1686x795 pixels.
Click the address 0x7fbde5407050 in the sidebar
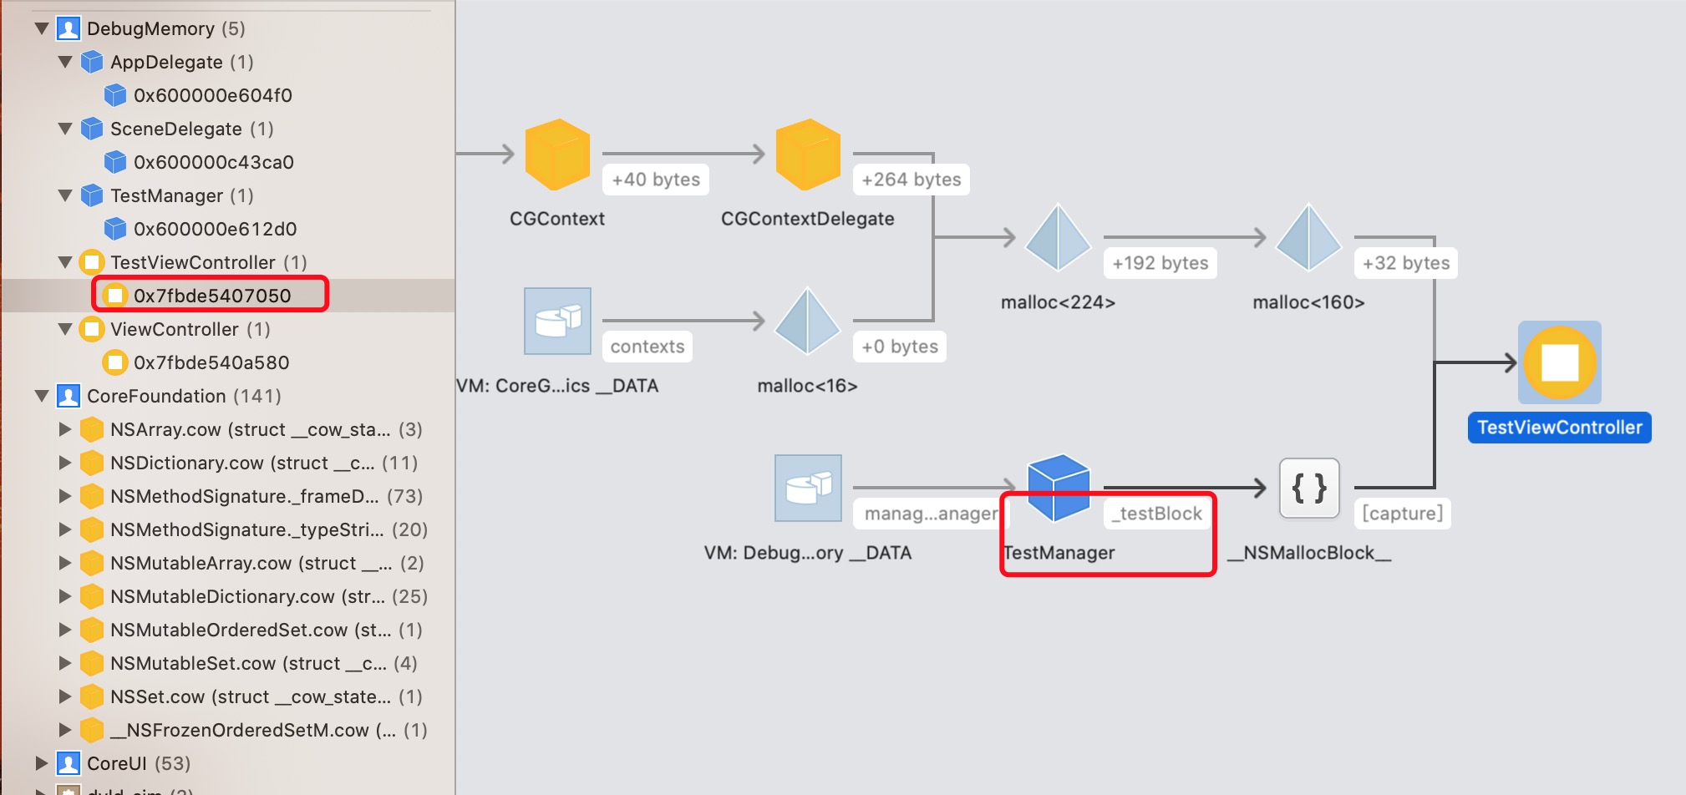[212, 296]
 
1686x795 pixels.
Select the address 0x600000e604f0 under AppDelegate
[212, 95]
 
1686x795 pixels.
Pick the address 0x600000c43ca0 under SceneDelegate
[213, 162]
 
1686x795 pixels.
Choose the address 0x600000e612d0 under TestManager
[215, 229]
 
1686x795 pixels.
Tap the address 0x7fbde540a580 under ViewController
[211, 362]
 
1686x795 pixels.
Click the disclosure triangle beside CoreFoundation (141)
[42, 396]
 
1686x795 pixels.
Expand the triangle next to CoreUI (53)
[42, 763]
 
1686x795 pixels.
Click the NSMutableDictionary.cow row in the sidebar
[247, 596]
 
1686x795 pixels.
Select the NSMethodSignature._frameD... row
[244, 496]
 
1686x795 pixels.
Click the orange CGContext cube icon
[557, 154]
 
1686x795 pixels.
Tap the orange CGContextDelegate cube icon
[807, 154]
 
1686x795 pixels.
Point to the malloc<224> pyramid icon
[1058, 238]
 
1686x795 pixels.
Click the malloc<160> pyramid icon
[1308, 238]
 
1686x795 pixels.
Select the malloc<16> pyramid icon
[807, 322]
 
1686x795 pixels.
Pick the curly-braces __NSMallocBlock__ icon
[1309, 489]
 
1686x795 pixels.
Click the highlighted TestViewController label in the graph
[1559, 428]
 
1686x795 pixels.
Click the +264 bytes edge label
[911, 180]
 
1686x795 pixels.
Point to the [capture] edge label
[1402, 514]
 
